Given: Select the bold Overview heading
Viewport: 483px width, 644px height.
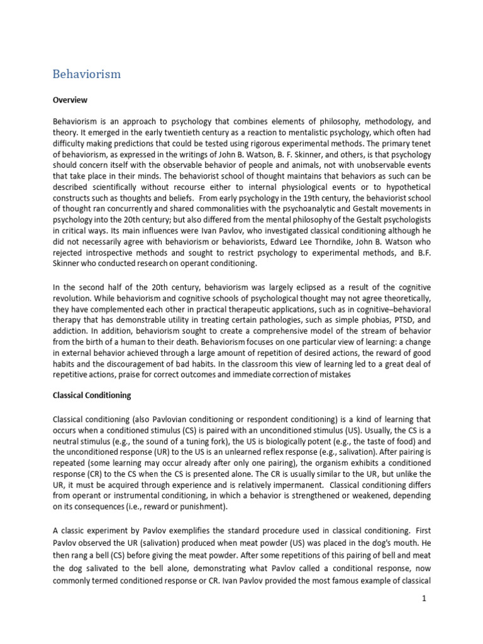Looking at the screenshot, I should (x=70, y=100).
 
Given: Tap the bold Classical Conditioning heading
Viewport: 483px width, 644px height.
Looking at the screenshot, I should (x=92, y=396).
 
